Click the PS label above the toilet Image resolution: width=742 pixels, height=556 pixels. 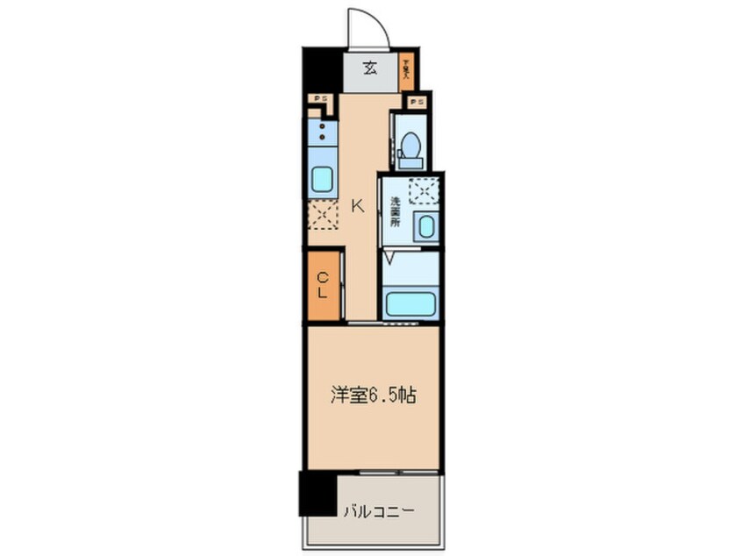point(418,103)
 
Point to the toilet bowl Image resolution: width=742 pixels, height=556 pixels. point(410,149)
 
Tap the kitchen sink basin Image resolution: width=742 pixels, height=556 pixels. point(322,180)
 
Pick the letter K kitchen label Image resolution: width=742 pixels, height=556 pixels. point(357,207)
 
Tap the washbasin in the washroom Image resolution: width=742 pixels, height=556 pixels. point(426,227)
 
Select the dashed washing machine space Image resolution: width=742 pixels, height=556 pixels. point(424,189)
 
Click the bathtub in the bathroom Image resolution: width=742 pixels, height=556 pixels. point(410,304)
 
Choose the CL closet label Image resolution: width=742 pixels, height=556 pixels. point(322,285)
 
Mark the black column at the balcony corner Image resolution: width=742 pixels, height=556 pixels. point(317,494)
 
